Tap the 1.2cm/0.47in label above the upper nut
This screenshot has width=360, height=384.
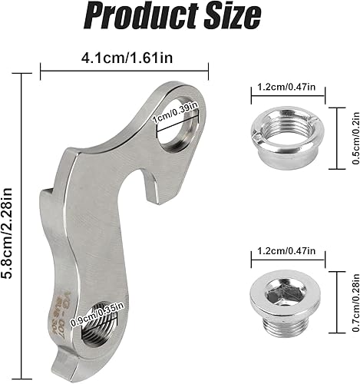[288, 88]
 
